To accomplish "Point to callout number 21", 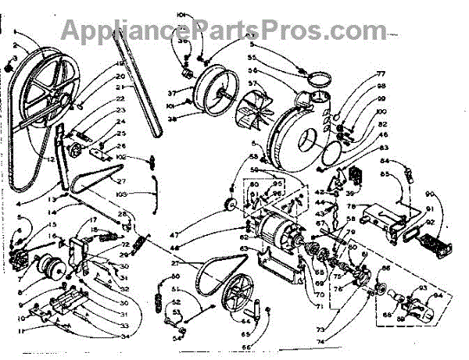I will tap(120, 88).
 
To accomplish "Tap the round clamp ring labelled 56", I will tap(317, 78).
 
